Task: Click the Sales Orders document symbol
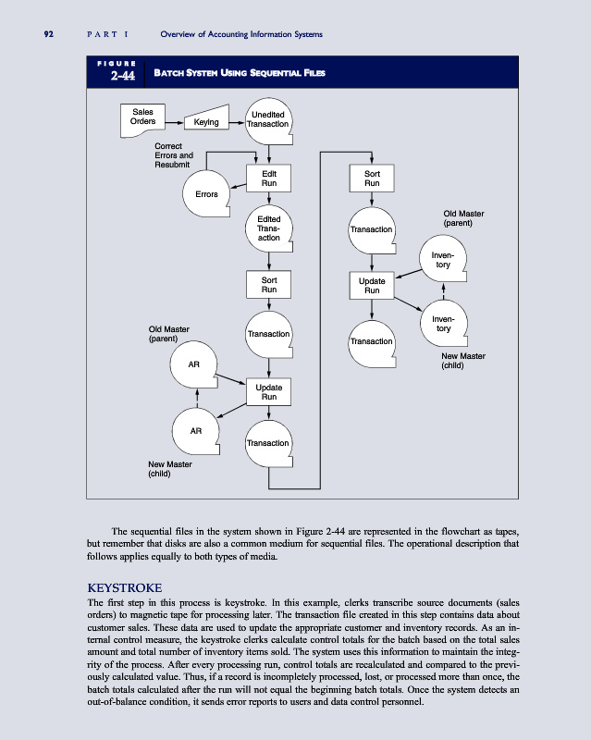[142, 117]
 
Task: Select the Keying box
[206, 121]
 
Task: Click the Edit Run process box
[268, 178]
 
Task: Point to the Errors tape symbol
[206, 194]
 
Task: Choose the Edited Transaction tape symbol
[268, 228]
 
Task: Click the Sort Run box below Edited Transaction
[268, 284]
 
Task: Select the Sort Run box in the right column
[372, 178]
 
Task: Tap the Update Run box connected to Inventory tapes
[372, 284]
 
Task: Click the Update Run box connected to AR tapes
[268, 390]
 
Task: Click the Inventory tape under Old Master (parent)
[443, 260]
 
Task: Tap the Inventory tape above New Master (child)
[443, 324]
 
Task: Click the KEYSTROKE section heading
[124, 587]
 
